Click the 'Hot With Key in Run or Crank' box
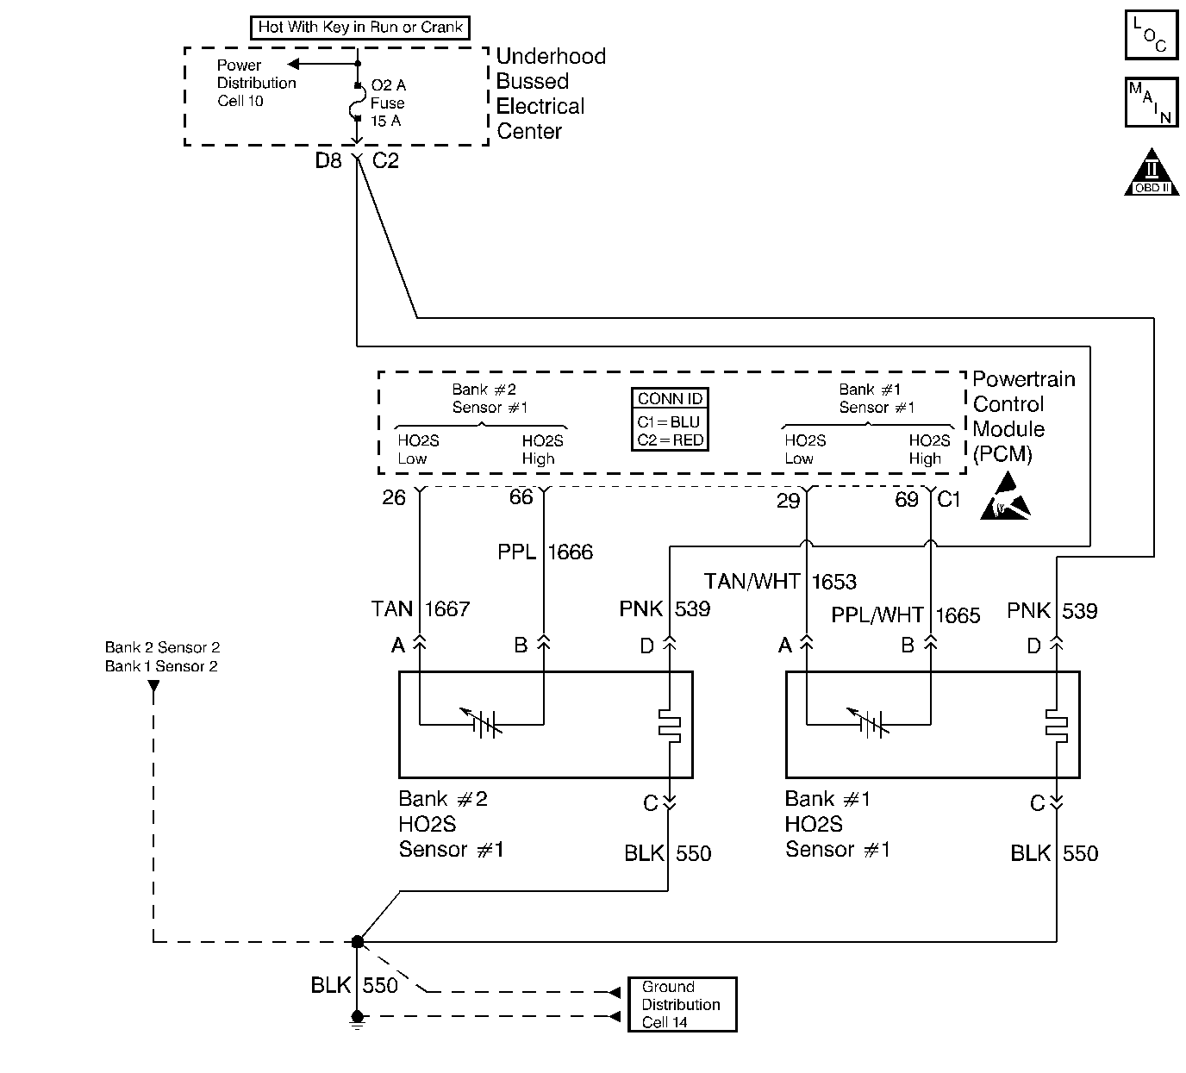click(x=360, y=28)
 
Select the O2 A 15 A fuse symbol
click(x=357, y=103)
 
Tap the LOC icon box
click(x=1152, y=34)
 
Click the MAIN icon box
click(x=1152, y=103)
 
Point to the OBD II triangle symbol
click(x=1152, y=172)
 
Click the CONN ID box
click(x=670, y=420)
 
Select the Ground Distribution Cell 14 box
click(x=683, y=1004)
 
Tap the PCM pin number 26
click(x=394, y=497)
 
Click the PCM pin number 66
click(x=521, y=496)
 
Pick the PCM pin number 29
click(x=788, y=501)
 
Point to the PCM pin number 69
click(x=907, y=500)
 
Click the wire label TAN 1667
click(x=421, y=609)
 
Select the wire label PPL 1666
click(x=545, y=552)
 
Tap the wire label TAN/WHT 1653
click(x=780, y=581)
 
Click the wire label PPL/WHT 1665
click(x=906, y=614)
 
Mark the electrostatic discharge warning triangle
click(x=1006, y=496)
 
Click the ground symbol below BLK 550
click(x=357, y=1020)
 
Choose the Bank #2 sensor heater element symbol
click(x=669, y=725)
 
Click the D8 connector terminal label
click(x=328, y=161)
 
